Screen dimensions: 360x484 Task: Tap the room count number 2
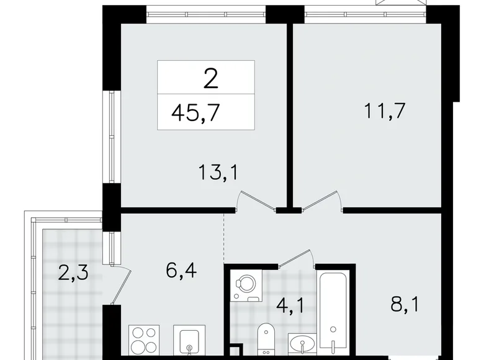point(210,79)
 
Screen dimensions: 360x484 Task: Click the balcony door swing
point(123,286)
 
